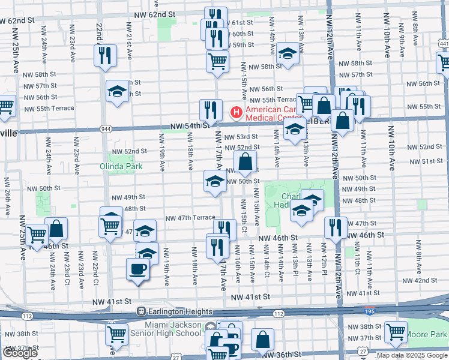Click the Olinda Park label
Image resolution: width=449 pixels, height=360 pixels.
point(123,166)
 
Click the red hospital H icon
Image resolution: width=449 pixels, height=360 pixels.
point(237,112)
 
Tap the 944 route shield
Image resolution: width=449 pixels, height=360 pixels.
point(106,128)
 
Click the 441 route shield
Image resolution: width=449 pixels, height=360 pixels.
point(443,44)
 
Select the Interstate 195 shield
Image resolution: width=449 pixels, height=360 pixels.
point(370,313)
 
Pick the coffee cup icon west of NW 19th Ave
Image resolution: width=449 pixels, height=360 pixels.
point(137,268)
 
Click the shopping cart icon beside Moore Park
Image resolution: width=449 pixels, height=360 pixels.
point(396,331)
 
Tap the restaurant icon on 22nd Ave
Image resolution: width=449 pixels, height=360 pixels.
point(105,55)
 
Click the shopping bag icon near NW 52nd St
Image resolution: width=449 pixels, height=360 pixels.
point(246,160)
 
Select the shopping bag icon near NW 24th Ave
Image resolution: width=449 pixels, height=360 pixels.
point(56,227)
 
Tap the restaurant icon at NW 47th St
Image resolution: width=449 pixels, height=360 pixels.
point(335,227)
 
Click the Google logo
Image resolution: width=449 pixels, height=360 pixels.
point(20,353)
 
